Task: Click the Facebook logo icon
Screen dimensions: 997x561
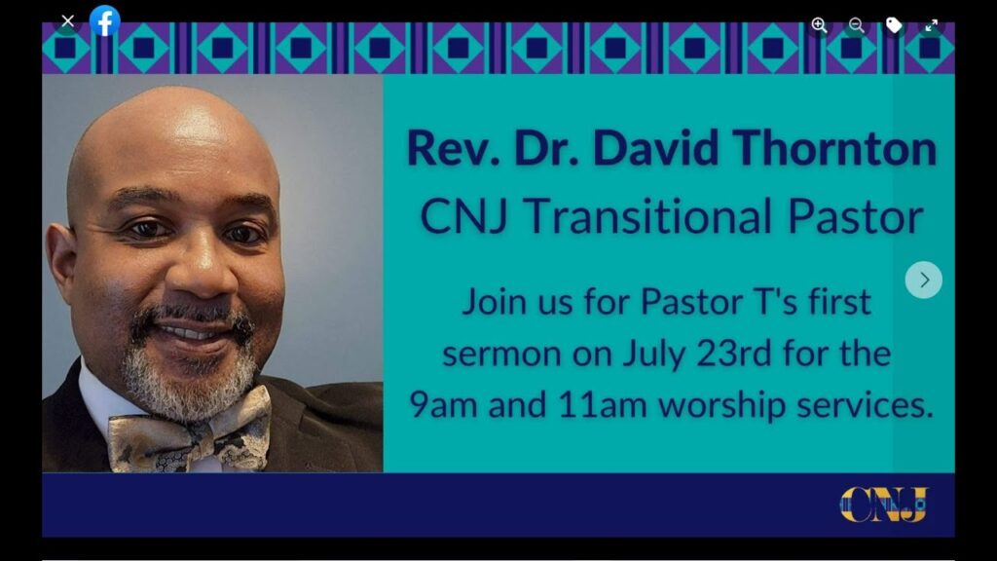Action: pos(105,20)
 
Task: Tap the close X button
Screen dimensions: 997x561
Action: pos(67,21)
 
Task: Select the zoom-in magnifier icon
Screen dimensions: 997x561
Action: pos(819,24)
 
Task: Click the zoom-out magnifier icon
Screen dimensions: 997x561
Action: pos(857,24)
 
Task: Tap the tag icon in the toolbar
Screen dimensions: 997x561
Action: pos(894,24)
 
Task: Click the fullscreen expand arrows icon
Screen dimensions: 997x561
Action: pos(932,24)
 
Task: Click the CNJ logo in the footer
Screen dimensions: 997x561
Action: pos(884,505)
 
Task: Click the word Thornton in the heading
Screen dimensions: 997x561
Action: pos(834,148)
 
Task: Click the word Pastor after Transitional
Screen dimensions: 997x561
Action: pos(855,216)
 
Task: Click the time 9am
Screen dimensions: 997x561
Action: pos(443,405)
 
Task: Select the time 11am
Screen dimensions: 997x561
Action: pos(602,404)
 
